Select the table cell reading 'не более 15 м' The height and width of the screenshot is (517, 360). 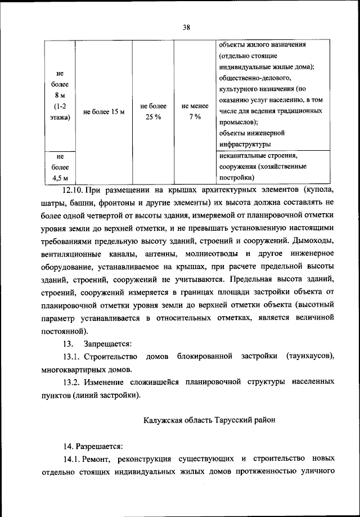[103, 112]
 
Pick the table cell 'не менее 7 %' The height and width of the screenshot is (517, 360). [195, 112]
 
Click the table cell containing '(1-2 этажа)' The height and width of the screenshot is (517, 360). [60, 112]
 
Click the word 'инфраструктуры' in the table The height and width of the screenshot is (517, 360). [246, 144]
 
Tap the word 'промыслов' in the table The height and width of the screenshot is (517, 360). [239, 122]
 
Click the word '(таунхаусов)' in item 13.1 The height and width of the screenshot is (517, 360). [310, 357]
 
